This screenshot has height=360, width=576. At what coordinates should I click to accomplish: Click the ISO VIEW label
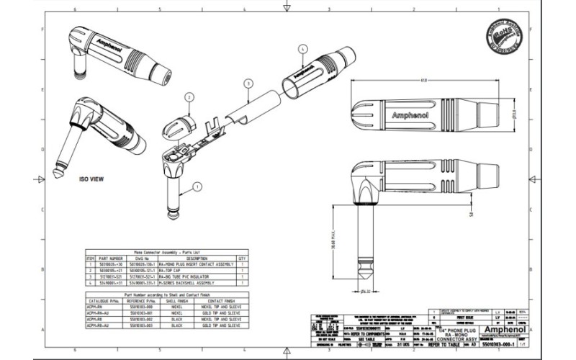point(92,178)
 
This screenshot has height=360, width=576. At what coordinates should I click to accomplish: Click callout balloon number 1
point(198,186)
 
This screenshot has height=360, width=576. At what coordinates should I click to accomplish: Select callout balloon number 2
point(189,96)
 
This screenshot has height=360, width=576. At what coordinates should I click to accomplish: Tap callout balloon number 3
point(247,84)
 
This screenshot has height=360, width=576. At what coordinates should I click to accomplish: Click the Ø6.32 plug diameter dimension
point(365,292)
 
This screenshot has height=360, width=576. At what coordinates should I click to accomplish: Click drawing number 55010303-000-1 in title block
point(495,345)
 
